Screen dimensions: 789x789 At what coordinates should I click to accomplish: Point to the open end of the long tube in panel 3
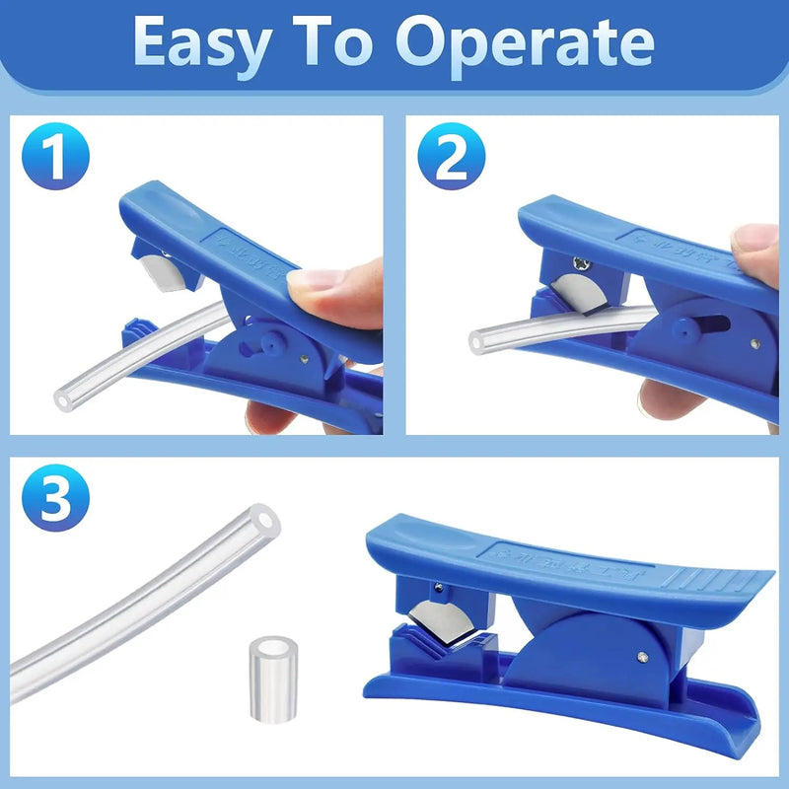tap(262, 520)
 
